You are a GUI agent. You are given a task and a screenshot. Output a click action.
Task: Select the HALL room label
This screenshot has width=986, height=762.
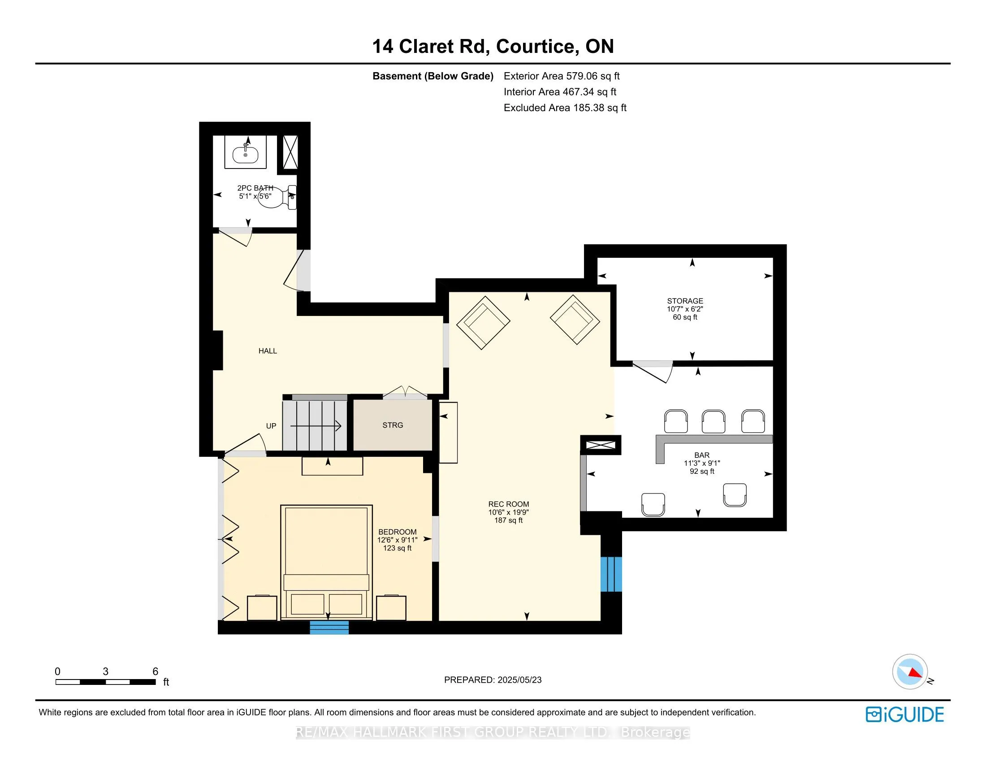[x=268, y=351]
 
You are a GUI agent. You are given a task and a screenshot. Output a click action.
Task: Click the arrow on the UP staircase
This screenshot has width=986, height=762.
[x=316, y=426]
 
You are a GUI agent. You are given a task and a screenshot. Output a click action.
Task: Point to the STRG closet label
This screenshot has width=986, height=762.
[x=393, y=425]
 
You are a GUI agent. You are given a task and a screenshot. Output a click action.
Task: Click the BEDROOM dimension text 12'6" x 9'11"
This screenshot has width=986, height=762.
[x=397, y=540]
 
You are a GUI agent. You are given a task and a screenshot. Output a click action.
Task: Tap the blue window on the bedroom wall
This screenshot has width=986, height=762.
[x=329, y=627]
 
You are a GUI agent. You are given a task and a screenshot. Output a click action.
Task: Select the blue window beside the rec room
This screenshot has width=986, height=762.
[x=611, y=574]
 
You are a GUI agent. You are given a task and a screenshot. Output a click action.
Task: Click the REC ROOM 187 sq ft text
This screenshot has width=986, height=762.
[x=508, y=520]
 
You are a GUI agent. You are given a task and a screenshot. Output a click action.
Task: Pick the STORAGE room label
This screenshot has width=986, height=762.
[x=685, y=301]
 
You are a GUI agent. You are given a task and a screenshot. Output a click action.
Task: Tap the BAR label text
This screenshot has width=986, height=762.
[x=702, y=455]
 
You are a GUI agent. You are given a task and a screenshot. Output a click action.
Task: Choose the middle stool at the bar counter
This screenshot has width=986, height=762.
[x=714, y=421]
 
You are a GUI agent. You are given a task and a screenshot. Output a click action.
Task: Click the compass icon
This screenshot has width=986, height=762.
[x=910, y=672]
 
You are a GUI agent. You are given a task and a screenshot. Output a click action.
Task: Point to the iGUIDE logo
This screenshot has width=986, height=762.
[x=905, y=714]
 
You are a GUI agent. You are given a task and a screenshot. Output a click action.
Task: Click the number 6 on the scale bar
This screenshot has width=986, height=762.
[x=156, y=671]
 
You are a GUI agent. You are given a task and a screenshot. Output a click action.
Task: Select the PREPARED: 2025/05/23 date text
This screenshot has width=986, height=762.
[x=493, y=680]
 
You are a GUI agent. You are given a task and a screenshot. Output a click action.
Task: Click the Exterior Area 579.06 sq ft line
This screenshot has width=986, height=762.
[x=562, y=76]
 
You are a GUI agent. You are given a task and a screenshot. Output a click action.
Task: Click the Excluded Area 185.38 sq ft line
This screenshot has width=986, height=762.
[x=565, y=108]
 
